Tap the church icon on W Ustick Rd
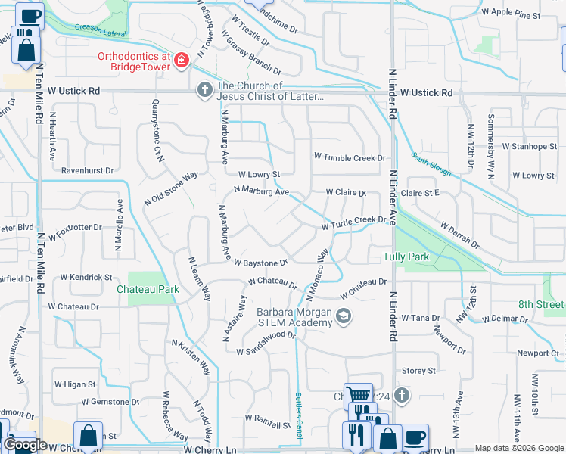(204, 90)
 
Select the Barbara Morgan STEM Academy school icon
(344, 317)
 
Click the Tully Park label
(406, 257)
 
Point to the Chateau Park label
(148, 289)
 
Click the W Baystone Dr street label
(261, 263)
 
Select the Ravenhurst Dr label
(87, 171)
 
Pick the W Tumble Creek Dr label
(350, 157)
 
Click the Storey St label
(418, 371)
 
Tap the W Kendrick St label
(87, 278)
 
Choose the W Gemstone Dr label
(110, 401)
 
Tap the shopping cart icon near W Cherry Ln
(357, 394)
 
